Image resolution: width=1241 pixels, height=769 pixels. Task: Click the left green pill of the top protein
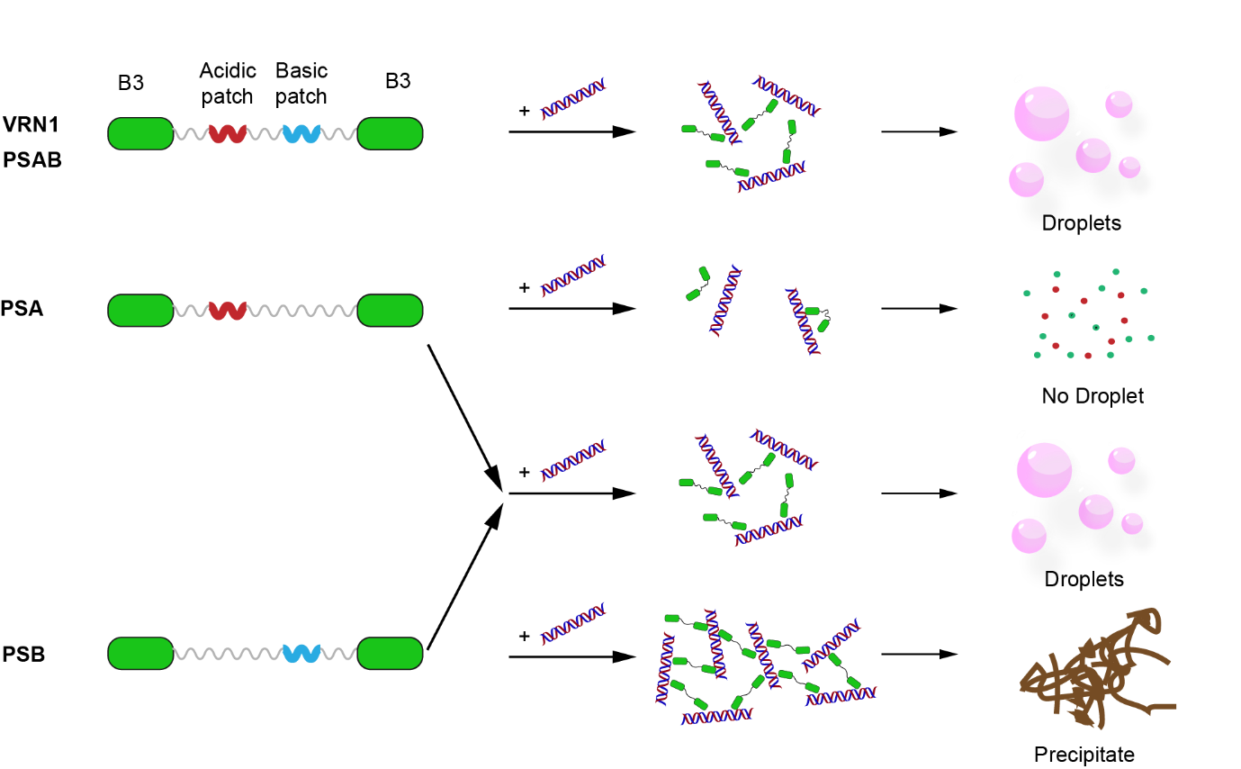(140, 133)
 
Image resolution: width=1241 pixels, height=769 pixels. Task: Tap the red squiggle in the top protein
(228, 133)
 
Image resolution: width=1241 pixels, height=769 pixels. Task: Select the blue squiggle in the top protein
(301, 133)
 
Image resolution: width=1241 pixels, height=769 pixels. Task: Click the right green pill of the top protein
(390, 133)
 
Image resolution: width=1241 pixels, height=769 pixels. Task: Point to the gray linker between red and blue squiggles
(265, 134)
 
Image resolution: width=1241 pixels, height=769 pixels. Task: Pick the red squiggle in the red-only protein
(228, 311)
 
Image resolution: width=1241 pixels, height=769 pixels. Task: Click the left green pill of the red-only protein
(140, 311)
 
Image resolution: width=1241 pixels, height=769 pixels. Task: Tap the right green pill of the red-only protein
(390, 311)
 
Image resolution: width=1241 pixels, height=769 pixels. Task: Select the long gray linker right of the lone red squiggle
(302, 311)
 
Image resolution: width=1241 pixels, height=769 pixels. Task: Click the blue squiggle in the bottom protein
(301, 654)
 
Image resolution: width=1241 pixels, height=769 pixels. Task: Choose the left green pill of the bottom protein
(140, 654)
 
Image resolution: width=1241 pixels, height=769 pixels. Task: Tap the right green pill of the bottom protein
(390, 654)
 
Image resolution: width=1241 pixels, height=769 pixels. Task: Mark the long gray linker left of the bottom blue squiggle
(228, 654)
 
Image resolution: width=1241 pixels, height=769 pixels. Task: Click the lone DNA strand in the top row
(573, 99)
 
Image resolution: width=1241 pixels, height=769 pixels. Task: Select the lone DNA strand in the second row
(573, 276)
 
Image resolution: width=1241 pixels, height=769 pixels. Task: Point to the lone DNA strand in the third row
(573, 460)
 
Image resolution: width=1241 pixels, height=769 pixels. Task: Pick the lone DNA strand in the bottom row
(573, 624)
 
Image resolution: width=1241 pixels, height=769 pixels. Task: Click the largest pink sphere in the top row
(1044, 113)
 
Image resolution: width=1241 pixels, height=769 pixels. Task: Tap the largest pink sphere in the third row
(1047, 468)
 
